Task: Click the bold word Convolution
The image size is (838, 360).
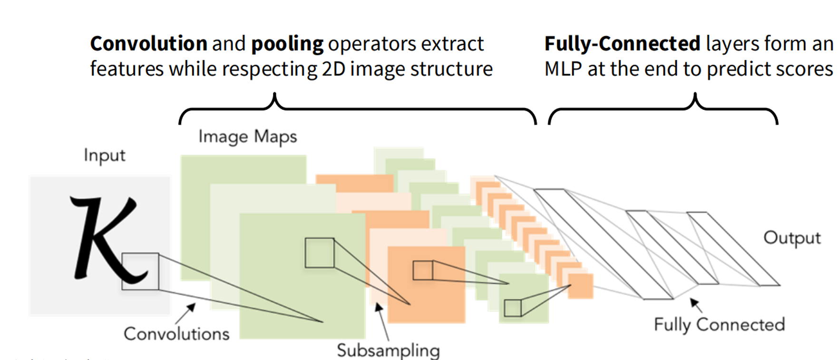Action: pyautogui.click(x=148, y=44)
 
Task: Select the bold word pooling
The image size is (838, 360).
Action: pyautogui.click(x=287, y=44)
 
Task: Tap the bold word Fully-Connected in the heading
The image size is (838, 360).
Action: pyautogui.click(x=622, y=44)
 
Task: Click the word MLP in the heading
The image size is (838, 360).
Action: pyautogui.click(x=563, y=69)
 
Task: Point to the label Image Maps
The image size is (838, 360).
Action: pyautogui.click(x=247, y=137)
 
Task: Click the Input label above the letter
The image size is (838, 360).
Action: pyautogui.click(x=104, y=156)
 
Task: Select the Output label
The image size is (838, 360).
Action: pyautogui.click(x=792, y=238)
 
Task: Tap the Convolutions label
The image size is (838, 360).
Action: pyautogui.click(x=176, y=334)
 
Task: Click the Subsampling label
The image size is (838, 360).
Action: pyautogui.click(x=388, y=350)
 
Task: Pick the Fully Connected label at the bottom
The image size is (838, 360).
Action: pyautogui.click(x=719, y=325)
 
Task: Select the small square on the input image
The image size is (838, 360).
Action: pyautogui.click(x=140, y=271)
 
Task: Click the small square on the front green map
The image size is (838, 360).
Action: pyautogui.click(x=320, y=253)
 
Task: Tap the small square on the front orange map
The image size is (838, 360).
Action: pyautogui.click(x=423, y=270)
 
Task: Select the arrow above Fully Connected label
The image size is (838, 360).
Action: pyautogui.click(x=696, y=305)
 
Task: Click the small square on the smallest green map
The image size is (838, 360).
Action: pyautogui.click(x=513, y=308)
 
